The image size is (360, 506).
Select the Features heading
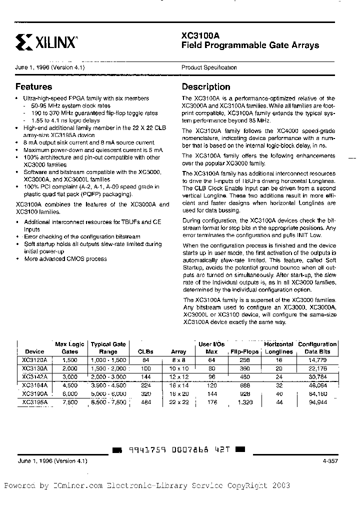click(33, 86)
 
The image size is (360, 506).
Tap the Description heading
click(206, 86)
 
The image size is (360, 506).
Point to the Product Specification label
click(209, 67)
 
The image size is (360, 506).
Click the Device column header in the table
click(34, 351)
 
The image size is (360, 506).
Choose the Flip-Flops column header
click(244, 351)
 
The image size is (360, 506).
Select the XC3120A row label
click(35, 359)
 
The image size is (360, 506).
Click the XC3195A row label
click(35, 401)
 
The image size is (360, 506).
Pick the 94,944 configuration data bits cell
click(318, 401)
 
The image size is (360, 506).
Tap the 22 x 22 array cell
click(178, 401)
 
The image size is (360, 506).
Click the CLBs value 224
click(146, 384)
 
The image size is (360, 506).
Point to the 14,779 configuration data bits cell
click(318, 359)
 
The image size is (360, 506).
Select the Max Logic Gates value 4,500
click(69, 384)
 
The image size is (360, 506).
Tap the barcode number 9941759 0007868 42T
click(178, 450)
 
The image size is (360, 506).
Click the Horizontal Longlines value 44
click(278, 401)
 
